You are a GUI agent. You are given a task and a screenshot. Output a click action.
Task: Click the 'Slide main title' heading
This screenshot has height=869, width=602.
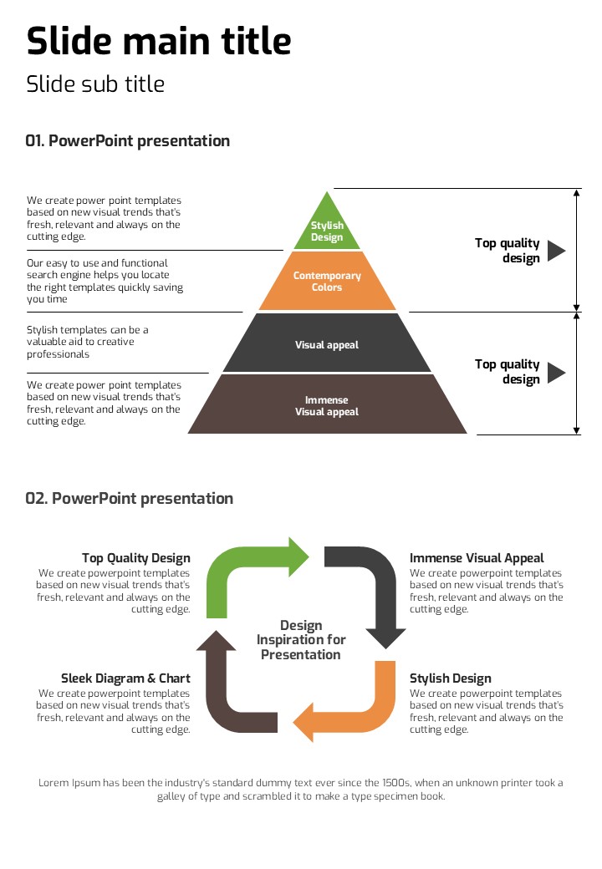pyautogui.click(x=159, y=40)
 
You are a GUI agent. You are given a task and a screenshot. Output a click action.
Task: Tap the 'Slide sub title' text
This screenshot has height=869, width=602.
pyautogui.click(x=95, y=84)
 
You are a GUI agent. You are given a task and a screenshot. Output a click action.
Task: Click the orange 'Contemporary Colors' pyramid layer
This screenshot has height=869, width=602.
pyautogui.click(x=327, y=282)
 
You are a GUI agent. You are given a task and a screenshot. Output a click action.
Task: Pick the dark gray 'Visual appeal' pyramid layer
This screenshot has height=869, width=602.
pyautogui.click(x=327, y=344)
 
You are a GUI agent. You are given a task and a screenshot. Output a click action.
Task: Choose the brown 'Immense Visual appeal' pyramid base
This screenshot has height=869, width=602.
pyautogui.click(x=327, y=405)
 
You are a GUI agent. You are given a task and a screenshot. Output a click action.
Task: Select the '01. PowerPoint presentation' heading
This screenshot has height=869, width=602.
pyautogui.click(x=127, y=140)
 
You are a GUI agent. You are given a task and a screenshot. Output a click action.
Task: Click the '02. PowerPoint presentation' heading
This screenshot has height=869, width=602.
pyautogui.click(x=129, y=498)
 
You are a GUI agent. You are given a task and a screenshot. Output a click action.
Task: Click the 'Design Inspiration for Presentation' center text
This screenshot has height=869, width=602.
pyautogui.click(x=301, y=640)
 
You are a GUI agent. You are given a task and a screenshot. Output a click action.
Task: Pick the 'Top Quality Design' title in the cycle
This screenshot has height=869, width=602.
pyautogui.click(x=136, y=558)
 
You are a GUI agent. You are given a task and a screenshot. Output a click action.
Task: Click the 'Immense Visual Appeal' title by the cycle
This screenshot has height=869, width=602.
pyautogui.click(x=477, y=558)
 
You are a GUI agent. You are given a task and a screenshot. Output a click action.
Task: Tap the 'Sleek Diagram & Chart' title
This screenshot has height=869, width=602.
pyautogui.click(x=125, y=678)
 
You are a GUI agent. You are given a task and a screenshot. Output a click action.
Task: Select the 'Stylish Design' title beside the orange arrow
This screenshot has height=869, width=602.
pyautogui.click(x=450, y=678)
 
